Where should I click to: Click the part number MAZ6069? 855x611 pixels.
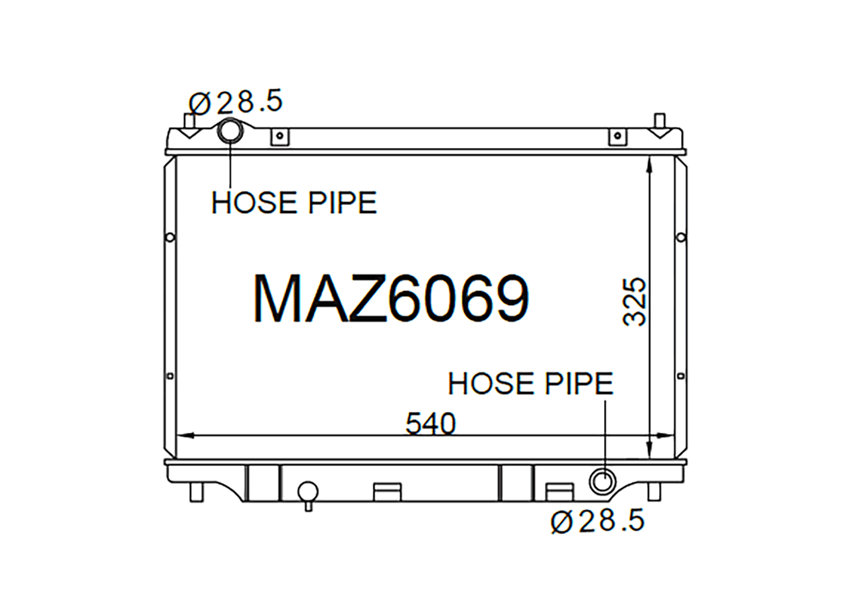coord(391,299)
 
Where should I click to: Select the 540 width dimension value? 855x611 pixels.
coord(431,424)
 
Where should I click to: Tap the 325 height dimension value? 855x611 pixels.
coord(634,302)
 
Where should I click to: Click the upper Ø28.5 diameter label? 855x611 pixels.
coord(235,101)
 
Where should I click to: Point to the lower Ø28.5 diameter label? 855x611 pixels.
coord(598,520)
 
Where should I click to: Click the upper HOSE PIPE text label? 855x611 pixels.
coord(294,202)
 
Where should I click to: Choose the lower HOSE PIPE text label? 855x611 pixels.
coord(531,384)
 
